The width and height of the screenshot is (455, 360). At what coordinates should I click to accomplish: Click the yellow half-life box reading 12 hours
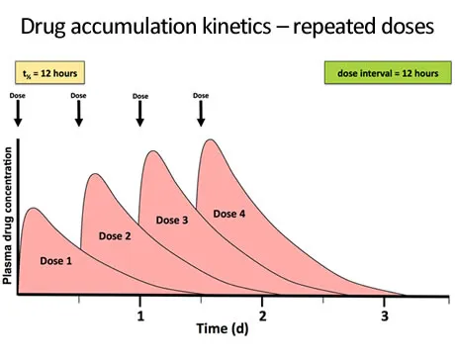(x=49, y=72)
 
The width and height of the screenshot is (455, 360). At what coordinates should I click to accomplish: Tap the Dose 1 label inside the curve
(x=56, y=260)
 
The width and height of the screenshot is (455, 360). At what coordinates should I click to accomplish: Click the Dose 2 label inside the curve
(x=114, y=235)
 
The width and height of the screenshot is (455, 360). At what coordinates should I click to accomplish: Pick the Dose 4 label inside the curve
(x=228, y=214)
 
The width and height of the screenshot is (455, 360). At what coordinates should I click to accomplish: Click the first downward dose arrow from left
(x=19, y=114)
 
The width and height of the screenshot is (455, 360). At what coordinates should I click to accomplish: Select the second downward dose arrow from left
(x=79, y=114)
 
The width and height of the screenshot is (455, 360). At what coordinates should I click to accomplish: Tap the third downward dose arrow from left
(x=140, y=114)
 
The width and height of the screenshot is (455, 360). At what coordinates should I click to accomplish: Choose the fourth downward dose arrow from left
(x=201, y=114)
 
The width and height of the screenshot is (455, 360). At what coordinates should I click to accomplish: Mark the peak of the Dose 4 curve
(x=210, y=139)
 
